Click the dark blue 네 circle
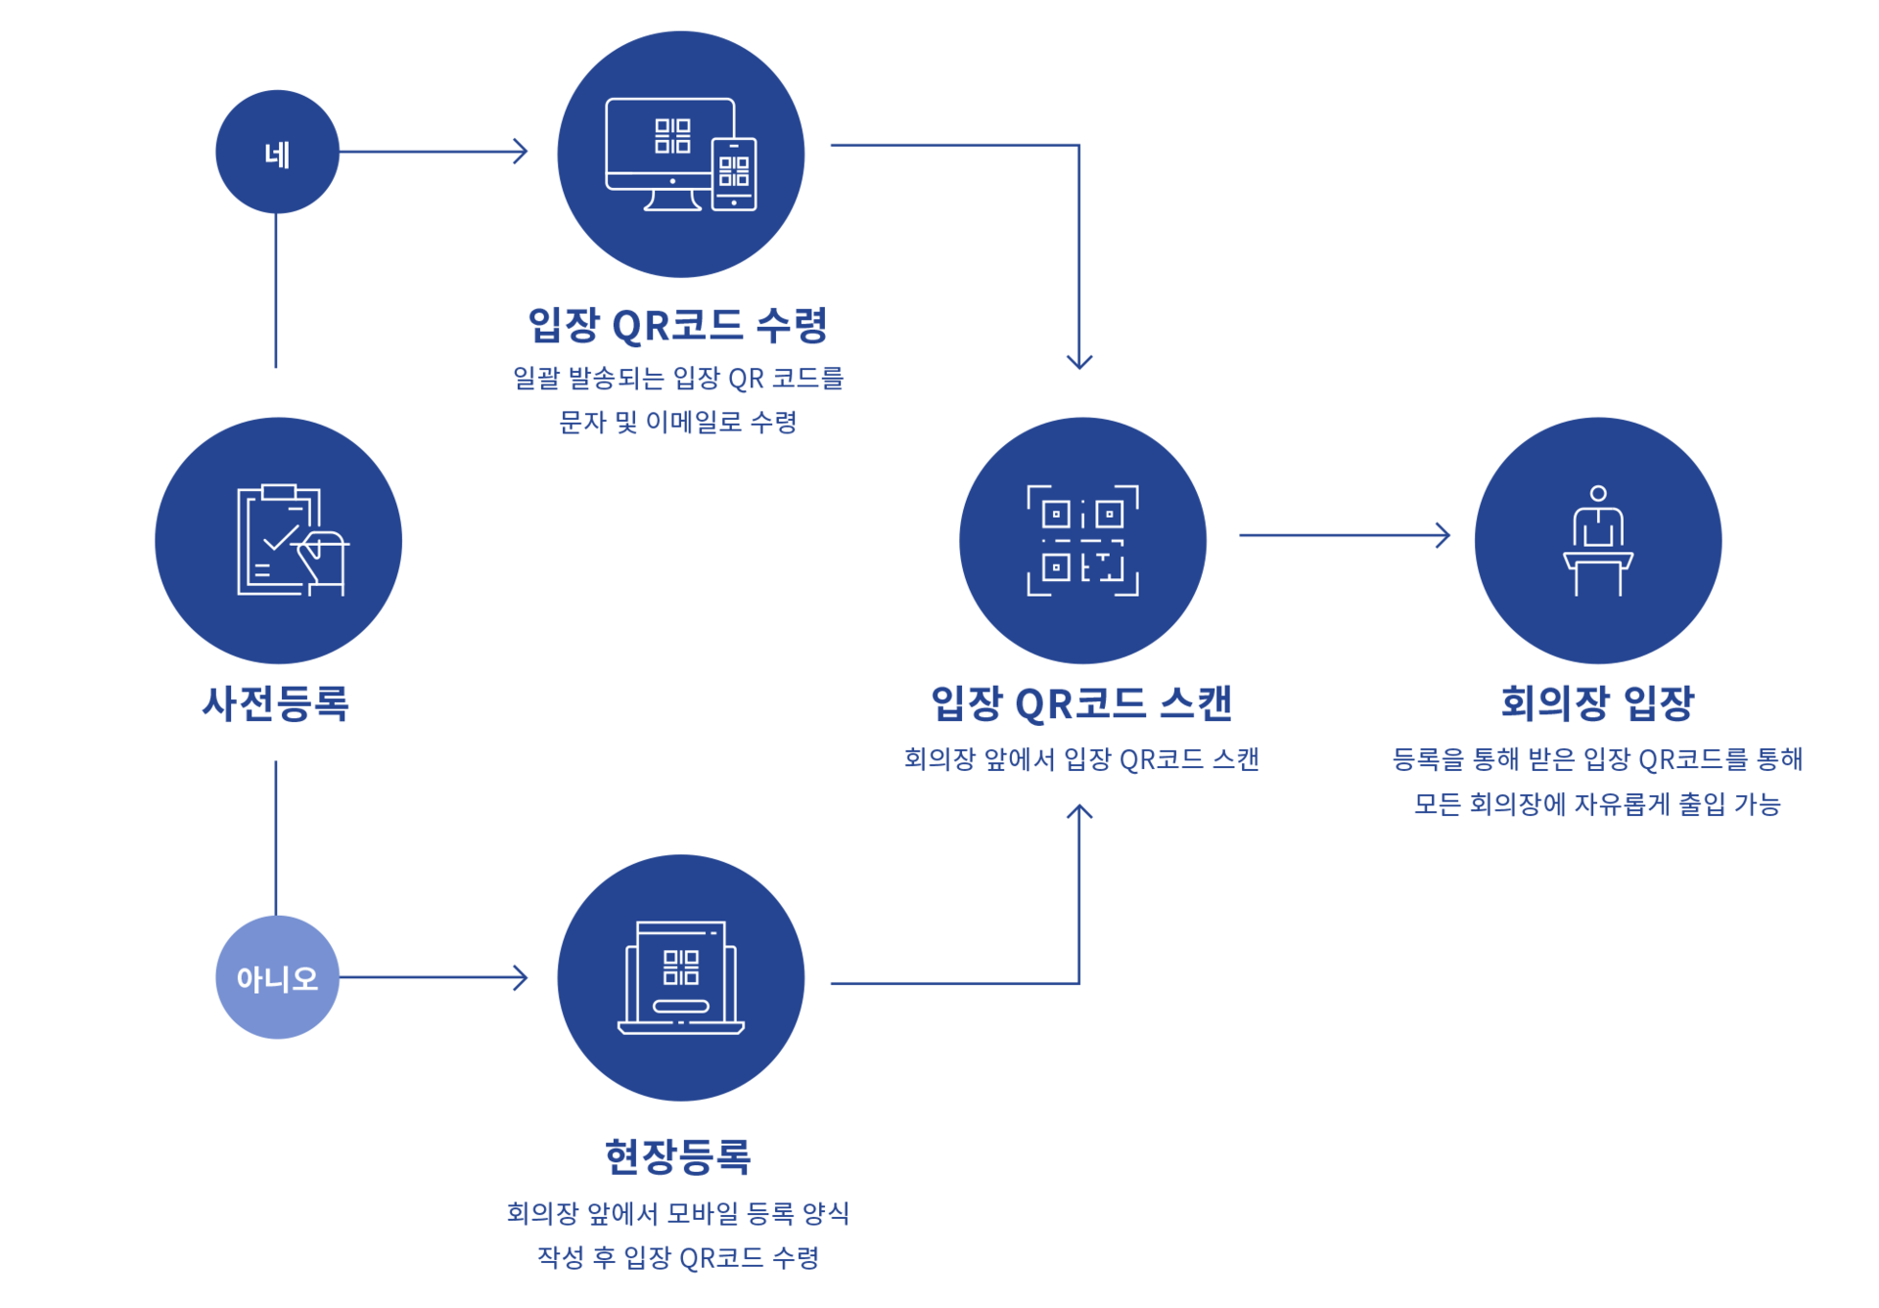tap(277, 152)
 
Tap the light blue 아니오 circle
tap(277, 977)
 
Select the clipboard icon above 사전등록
tap(291, 540)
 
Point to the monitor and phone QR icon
tap(679, 155)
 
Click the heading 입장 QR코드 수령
tap(677, 325)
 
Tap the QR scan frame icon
tap(1082, 540)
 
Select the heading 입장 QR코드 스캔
tap(1080, 703)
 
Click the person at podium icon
tap(1597, 540)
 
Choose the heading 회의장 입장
tap(1597, 703)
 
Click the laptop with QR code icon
tap(680, 977)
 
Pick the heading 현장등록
tap(677, 1156)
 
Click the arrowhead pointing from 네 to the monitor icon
tap(522, 151)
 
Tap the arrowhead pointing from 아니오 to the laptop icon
tap(522, 977)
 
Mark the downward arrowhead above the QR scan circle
tap(1079, 361)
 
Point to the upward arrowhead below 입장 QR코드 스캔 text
tap(1079, 812)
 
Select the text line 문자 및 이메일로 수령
tap(677, 423)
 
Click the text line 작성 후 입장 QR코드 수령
tap(677, 1257)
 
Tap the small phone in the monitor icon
tap(734, 173)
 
